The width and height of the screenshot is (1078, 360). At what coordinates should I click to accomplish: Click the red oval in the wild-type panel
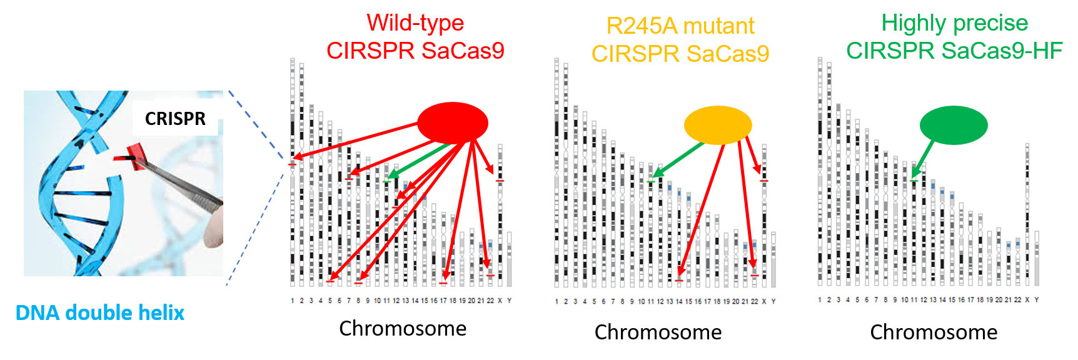click(x=452, y=122)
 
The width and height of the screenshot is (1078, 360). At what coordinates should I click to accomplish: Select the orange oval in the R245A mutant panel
click(x=717, y=125)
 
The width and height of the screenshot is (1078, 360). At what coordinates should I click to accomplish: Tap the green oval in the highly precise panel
click(x=953, y=125)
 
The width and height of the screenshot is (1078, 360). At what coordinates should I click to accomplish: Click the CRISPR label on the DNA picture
click(x=175, y=119)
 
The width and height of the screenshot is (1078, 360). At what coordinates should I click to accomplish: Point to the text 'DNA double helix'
click(x=100, y=312)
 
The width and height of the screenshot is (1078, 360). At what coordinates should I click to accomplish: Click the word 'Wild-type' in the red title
click(x=415, y=23)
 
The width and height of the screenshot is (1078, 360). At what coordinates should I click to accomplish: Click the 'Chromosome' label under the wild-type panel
click(x=403, y=328)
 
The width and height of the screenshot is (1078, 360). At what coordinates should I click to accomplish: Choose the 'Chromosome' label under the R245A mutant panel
click(x=658, y=332)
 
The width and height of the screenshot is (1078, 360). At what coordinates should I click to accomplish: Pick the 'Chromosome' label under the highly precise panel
click(x=934, y=332)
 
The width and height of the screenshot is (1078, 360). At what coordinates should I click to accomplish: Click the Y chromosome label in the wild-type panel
click(x=509, y=301)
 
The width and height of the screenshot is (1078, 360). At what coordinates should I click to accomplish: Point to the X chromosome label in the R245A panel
click(x=764, y=301)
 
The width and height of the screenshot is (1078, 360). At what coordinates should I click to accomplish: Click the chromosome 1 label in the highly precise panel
click(x=820, y=300)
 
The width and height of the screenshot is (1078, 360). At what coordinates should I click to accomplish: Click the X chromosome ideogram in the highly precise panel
click(x=1027, y=212)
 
